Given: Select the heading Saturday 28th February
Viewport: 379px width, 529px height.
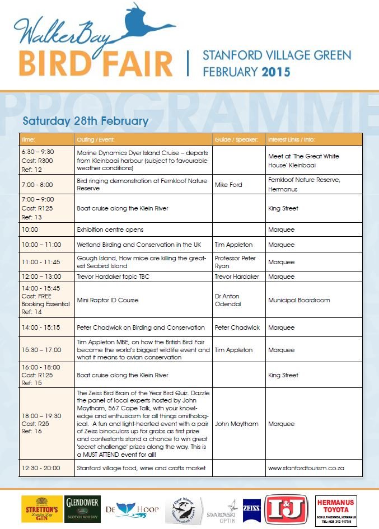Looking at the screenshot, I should [x=86, y=121].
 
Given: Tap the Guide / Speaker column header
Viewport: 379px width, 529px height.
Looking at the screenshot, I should [x=236, y=139].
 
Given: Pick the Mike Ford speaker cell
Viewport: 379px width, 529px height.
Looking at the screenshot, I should [x=228, y=185].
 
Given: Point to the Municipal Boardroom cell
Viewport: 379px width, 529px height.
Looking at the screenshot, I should [x=299, y=300].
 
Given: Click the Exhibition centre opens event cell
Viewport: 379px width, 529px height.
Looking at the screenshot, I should [x=110, y=230].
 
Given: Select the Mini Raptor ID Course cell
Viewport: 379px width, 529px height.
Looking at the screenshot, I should [x=107, y=300].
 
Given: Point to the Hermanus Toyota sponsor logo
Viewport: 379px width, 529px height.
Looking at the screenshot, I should [x=336, y=510].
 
